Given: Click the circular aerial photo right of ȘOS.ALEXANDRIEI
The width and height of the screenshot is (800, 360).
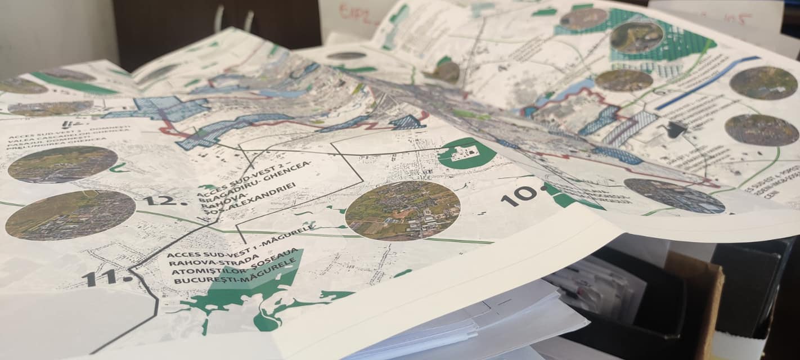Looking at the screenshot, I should click(x=402, y=210).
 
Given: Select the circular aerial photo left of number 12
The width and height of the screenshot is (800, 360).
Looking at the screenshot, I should click(x=70, y=214).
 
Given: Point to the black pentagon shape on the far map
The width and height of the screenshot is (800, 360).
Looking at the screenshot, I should click(x=675, y=130).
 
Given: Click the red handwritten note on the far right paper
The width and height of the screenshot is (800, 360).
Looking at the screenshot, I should click(x=737, y=19).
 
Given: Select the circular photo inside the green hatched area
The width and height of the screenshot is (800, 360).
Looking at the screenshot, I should click(x=636, y=38).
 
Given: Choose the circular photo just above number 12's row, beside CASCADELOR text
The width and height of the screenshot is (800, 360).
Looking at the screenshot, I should click(x=62, y=164).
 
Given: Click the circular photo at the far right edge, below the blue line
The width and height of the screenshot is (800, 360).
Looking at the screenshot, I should click(x=762, y=129).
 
